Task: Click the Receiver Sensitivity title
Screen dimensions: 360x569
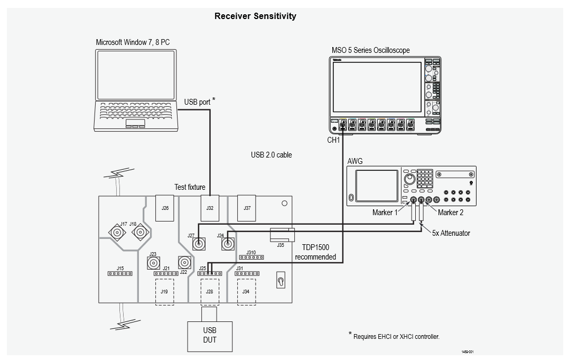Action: tap(255, 16)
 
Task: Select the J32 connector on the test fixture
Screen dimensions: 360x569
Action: tap(210, 208)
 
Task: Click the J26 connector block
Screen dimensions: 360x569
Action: tap(165, 208)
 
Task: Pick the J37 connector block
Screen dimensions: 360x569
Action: tap(247, 208)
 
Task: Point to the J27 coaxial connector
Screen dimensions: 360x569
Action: tap(200, 244)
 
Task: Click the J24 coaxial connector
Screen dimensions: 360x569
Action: tap(228, 244)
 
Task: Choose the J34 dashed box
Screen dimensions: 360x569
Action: tap(246, 292)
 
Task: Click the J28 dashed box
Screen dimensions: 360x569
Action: tap(210, 292)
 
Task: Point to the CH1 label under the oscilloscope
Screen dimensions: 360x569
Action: tap(333, 141)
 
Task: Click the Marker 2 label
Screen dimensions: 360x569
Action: tap(451, 213)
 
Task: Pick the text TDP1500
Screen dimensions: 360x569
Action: tap(315, 247)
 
